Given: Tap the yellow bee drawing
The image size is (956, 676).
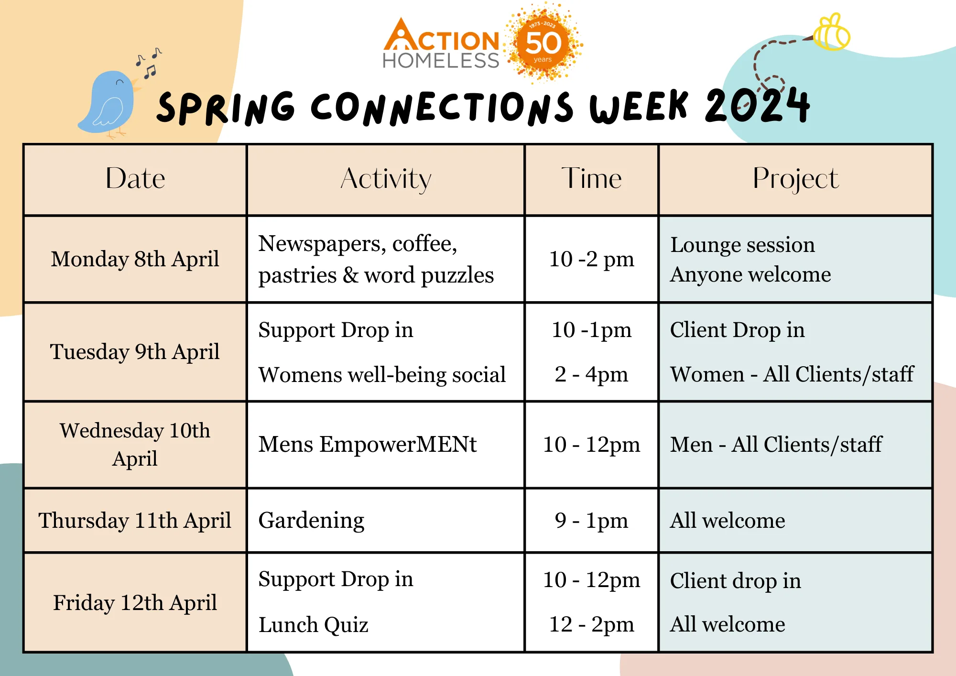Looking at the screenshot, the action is [x=832, y=33].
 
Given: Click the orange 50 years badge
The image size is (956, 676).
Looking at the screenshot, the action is [x=543, y=43].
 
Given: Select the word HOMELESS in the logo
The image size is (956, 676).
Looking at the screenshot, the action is [x=441, y=61].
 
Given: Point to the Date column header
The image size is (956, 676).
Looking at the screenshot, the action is [x=135, y=179].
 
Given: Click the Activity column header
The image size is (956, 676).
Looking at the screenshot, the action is [x=386, y=179].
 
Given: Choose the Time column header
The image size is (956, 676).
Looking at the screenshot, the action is [x=591, y=179].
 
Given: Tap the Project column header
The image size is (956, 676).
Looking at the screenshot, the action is [x=795, y=179].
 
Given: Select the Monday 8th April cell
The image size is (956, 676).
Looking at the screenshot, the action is [x=135, y=259].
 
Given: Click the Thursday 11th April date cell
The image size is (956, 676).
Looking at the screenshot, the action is [x=135, y=520].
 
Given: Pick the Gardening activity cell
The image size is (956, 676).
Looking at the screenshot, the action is [x=386, y=520].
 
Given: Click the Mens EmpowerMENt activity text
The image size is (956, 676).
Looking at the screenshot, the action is [x=368, y=445].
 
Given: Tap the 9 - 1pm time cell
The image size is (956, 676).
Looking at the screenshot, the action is [x=591, y=520].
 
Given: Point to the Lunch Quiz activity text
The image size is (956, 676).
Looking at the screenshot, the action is [x=314, y=624].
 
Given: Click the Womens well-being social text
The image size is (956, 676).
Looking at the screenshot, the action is [x=382, y=375].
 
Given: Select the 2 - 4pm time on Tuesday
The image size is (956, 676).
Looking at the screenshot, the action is [x=591, y=374].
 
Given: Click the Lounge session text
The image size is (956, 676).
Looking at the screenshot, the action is [x=742, y=245].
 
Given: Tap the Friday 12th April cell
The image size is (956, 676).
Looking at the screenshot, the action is [x=135, y=602].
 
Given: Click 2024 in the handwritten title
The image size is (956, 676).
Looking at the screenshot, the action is [x=757, y=105].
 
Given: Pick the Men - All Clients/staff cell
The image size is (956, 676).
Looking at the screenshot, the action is [x=795, y=445].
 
